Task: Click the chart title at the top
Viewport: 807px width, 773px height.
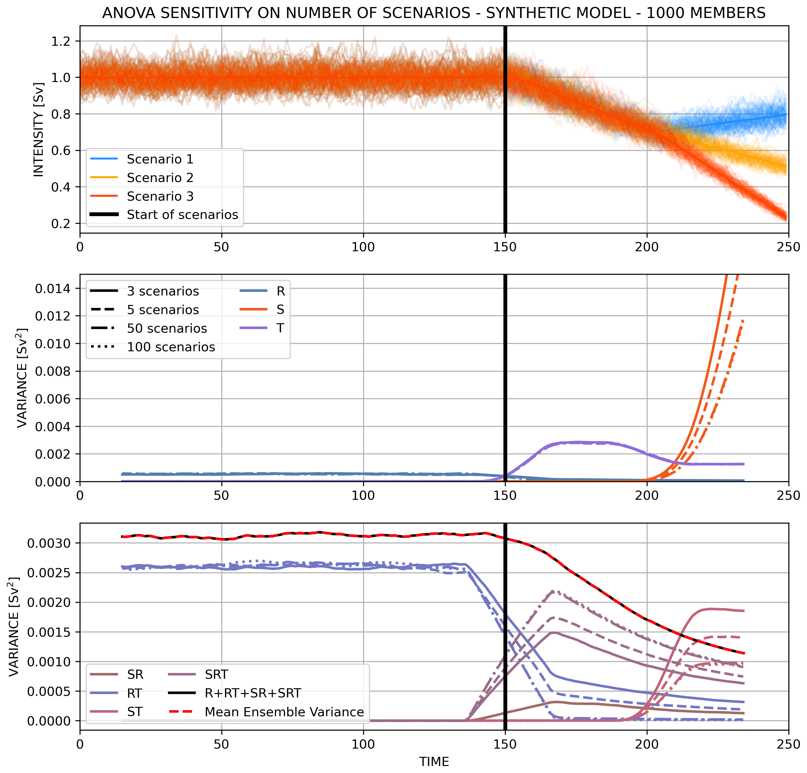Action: tap(434, 13)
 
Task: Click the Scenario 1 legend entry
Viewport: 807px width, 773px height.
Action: tap(160, 159)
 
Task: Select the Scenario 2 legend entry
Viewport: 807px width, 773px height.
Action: tap(160, 177)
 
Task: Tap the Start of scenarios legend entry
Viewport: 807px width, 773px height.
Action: tap(182, 215)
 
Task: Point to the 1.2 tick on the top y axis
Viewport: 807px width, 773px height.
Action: tap(60, 41)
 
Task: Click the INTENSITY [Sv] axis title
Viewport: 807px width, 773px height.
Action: tap(38, 129)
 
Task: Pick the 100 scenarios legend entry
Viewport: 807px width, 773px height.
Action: tap(170, 347)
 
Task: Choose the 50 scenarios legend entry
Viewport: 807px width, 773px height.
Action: tap(166, 328)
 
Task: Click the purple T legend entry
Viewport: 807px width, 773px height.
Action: tap(280, 328)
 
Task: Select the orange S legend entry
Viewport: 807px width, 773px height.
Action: tap(280, 310)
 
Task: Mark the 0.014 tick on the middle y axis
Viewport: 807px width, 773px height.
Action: tap(52, 289)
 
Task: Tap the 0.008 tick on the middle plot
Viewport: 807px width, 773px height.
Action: tap(52, 371)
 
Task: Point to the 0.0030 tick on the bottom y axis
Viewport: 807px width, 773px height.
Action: tap(48, 543)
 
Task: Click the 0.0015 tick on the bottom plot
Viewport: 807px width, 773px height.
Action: tap(48, 632)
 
